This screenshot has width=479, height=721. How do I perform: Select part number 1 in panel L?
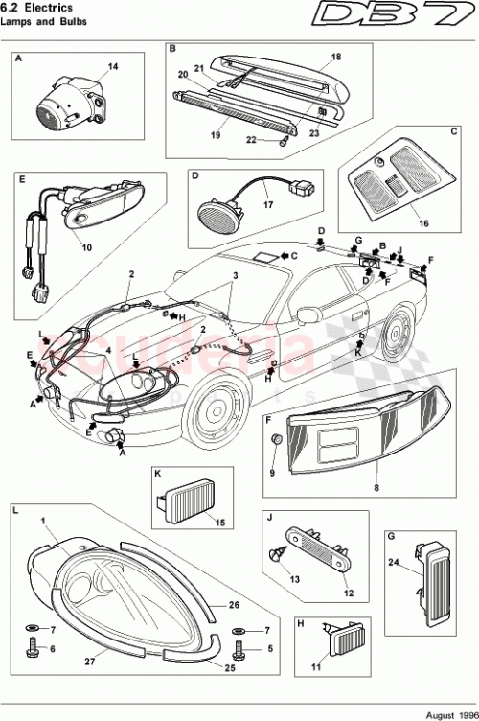coord(43,521)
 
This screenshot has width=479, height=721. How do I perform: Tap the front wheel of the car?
coord(213,412)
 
